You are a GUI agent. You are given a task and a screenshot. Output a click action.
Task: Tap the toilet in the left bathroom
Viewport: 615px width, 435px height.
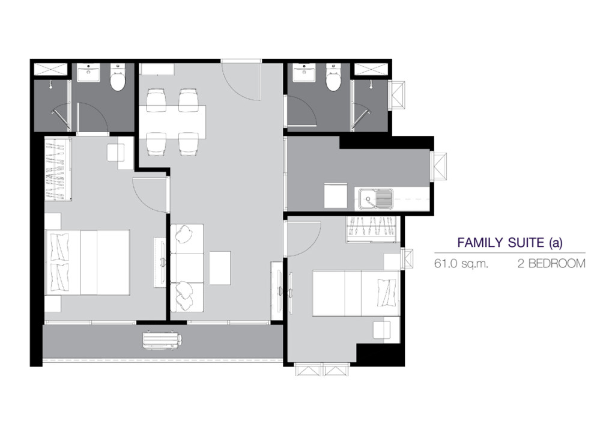[x=117, y=78]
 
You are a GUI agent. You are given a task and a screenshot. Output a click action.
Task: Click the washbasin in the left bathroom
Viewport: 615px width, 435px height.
[x=90, y=73]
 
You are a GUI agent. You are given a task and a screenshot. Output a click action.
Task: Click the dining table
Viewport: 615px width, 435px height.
[x=172, y=123]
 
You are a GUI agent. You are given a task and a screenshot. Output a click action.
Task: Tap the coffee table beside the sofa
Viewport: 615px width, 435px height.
[x=220, y=269]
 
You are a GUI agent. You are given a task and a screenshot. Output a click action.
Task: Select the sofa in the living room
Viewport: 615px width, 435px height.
[x=187, y=269]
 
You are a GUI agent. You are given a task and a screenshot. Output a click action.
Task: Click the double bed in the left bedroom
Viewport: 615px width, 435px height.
[x=88, y=262]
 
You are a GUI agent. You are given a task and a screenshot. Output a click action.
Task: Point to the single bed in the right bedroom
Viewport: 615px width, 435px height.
[x=356, y=293]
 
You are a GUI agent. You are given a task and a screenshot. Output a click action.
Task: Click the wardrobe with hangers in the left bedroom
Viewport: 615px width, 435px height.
[x=58, y=169]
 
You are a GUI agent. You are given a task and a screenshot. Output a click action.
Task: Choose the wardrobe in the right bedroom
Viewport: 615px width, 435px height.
[x=372, y=230]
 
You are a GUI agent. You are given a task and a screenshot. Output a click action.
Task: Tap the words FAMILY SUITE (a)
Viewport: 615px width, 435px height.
[x=510, y=243]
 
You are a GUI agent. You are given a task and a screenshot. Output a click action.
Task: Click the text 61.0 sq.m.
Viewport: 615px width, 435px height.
[x=461, y=264]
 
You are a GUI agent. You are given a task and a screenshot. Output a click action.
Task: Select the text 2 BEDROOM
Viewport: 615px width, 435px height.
[x=551, y=264]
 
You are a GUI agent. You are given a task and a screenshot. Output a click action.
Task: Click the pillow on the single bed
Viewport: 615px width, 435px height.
[x=385, y=293]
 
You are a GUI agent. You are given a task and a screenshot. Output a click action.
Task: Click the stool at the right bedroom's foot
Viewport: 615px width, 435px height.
[x=382, y=329]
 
